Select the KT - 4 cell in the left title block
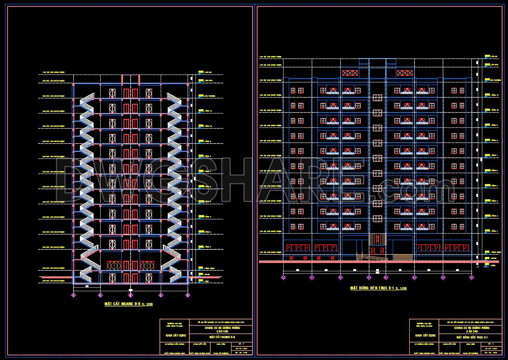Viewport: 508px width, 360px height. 241,344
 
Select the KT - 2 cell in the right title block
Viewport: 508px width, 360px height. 491,344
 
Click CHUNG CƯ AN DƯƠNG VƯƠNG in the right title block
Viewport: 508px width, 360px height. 472,328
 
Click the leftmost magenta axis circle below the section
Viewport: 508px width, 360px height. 74,295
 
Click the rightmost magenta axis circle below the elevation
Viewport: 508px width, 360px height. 472,278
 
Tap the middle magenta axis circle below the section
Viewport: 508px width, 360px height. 131,295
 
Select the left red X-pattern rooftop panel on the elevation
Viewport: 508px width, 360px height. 350,73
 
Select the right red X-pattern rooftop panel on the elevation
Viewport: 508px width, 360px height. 405,73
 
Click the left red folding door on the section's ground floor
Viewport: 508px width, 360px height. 114,266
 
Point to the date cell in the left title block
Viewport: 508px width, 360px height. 241,348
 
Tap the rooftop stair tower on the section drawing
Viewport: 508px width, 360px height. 131,79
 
